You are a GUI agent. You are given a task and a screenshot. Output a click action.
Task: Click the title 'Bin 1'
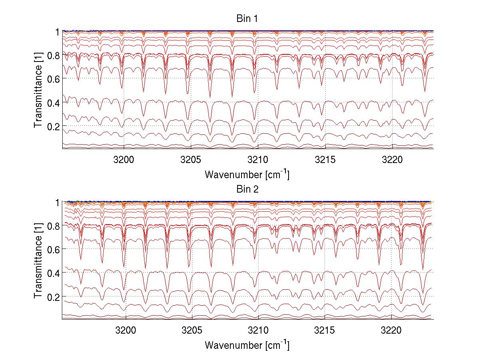247,19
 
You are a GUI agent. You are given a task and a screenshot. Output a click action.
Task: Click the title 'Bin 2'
247,189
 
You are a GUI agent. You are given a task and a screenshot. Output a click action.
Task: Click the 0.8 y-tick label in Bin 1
53,55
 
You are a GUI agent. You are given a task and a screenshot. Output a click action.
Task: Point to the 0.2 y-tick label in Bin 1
53,126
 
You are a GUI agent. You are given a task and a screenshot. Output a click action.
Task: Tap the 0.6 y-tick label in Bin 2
53,249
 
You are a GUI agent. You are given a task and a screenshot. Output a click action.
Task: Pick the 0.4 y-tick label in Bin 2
53,272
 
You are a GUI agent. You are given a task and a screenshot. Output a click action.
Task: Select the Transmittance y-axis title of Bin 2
38,261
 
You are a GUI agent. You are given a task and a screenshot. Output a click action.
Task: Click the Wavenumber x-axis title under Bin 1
247,174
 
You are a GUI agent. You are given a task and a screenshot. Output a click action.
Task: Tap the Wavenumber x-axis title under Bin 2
247,345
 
